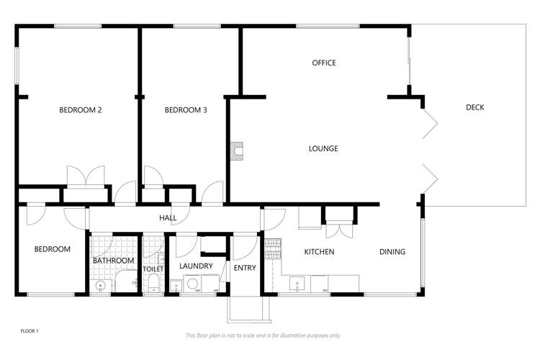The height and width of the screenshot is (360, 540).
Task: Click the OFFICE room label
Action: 324,63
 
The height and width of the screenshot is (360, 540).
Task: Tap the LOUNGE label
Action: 323,148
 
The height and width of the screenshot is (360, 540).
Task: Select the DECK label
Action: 475,107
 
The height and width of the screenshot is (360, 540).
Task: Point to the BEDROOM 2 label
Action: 80,110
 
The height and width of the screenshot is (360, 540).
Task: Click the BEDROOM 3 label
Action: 186,110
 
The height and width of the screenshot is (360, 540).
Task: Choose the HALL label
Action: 168,217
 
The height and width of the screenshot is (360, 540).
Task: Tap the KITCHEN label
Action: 319,252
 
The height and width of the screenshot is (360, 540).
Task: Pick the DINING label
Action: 392,252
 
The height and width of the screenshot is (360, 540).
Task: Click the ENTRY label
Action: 245,268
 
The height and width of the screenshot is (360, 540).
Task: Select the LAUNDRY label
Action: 196,266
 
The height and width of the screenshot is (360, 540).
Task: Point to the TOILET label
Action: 153,269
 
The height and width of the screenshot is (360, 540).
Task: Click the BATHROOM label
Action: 113,261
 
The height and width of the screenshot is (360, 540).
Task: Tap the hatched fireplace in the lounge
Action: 237,151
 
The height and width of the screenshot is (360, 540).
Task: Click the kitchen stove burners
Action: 273,248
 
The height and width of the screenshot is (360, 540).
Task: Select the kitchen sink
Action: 297,284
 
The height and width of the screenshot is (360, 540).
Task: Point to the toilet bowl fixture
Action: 153,284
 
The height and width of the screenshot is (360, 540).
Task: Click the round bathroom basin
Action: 101,286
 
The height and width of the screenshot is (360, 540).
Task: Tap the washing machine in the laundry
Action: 193,284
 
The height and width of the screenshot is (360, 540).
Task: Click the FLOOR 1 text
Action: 30,331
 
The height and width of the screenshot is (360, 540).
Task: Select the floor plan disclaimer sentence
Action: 263,336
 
